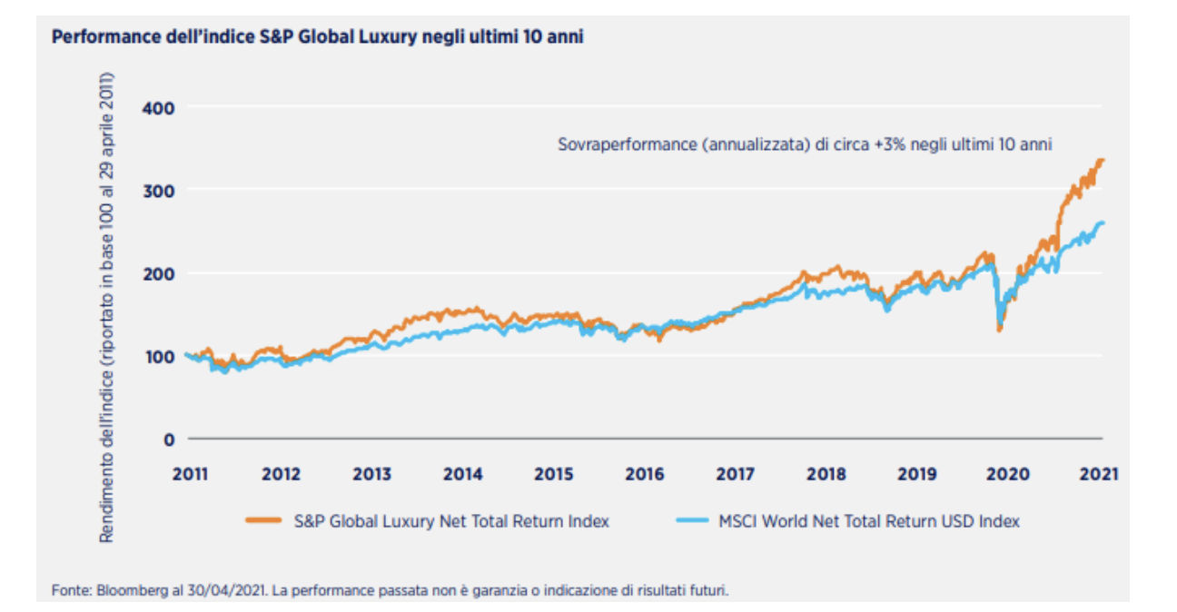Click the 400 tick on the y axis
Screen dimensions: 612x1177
click(x=161, y=106)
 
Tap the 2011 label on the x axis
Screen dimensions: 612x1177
click(x=191, y=474)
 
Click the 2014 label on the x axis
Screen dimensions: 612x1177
click(x=463, y=474)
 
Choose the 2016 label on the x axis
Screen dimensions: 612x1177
click(x=645, y=474)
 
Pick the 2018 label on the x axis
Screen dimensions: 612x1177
click(x=826, y=474)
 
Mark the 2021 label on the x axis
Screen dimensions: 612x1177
click(x=1098, y=474)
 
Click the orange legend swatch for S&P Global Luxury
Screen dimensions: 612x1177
click(x=265, y=521)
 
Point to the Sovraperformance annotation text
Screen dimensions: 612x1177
click(x=804, y=144)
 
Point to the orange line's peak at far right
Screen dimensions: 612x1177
click(x=1101, y=161)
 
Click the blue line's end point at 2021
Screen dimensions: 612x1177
click(x=1103, y=222)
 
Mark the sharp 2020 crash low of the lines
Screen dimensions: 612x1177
click(x=1000, y=329)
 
